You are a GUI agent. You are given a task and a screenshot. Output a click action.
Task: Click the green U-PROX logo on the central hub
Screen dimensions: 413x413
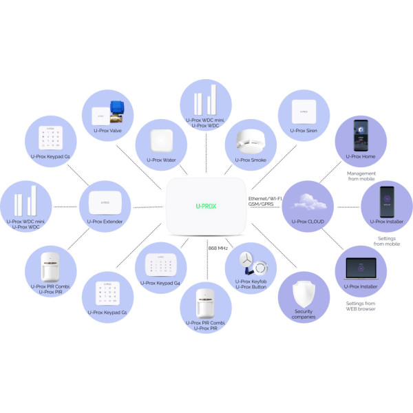click(x=206, y=206)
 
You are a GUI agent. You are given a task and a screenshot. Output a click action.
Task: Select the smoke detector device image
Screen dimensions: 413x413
click(x=250, y=141)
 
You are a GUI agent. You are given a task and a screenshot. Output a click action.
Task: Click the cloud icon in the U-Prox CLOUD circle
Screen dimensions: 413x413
click(x=308, y=202)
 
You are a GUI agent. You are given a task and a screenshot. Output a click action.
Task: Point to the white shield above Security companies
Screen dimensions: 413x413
click(x=304, y=293)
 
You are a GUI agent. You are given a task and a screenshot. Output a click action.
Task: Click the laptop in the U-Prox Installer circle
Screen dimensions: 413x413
click(x=361, y=268)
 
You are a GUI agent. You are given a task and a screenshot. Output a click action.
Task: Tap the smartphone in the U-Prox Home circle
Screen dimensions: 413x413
click(x=361, y=136)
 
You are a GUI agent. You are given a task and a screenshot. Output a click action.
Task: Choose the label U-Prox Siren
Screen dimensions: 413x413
click(x=304, y=131)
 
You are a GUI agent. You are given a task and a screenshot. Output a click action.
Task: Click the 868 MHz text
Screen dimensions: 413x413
click(x=218, y=248)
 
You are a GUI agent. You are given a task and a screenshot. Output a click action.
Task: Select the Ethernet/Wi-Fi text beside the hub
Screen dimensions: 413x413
click(x=265, y=199)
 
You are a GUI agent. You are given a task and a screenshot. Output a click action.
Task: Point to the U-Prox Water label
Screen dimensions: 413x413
click(x=161, y=160)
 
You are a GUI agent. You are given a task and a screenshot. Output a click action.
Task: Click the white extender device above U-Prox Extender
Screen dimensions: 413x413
click(x=105, y=202)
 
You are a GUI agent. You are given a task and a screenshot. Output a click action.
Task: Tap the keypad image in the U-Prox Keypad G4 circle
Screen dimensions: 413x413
click(x=160, y=265)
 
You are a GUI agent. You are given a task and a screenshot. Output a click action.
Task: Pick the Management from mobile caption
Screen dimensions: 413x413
click(x=361, y=176)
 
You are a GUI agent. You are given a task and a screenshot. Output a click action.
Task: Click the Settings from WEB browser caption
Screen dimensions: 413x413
click(x=361, y=306)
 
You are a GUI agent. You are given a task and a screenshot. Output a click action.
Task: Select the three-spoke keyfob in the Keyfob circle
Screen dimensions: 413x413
click(x=247, y=260)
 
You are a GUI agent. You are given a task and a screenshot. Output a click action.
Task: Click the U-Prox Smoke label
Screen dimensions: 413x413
click(x=251, y=160)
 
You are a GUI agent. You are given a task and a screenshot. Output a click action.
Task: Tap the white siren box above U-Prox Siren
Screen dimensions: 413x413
click(x=304, y=112)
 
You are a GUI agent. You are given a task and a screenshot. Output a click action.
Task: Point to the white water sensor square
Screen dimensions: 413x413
click(x=162, y=140)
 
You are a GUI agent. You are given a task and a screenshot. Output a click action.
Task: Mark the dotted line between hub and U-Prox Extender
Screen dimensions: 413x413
click(x=148, y=207)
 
